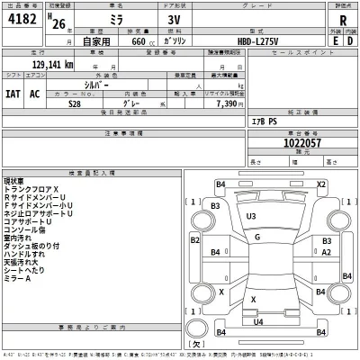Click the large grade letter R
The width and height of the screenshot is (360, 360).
click(x=343, y=21)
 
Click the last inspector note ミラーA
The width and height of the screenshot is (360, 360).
click(x=16, y=278)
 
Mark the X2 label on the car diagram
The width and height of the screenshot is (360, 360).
click(x=320, y=184)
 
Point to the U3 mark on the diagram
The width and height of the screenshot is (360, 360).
click(x=251, y=217)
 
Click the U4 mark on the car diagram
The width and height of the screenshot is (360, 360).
click(x=258, y=321)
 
